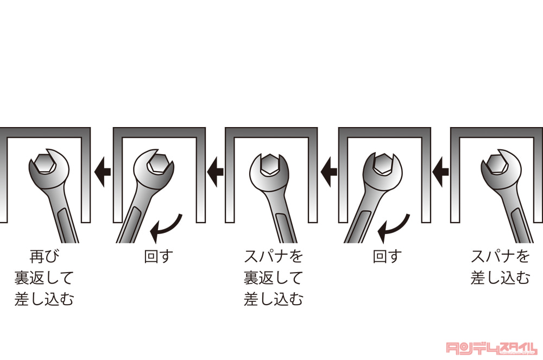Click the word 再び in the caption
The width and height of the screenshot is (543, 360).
tap(45, 256)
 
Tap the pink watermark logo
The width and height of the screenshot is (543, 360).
tap(491, 348)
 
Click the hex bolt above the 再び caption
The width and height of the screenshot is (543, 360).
tap(43, 163)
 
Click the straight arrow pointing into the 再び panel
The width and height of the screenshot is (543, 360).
tap(102, 172)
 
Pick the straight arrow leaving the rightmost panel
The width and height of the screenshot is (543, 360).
tap(440, 172)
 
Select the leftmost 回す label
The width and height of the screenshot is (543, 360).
tap(158, 256)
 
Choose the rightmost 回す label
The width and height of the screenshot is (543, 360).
tap(387, 256)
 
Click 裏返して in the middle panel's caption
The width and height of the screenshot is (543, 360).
tap(273, 277)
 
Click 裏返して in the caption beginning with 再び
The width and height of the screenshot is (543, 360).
tap(45, 277)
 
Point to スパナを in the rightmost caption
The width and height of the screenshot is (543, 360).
tap(500, 256)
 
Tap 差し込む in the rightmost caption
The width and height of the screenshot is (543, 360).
tap(500, 277)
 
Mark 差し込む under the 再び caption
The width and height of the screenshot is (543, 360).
tap(45, 299)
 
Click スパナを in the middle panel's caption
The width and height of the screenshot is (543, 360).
tap(273, 256)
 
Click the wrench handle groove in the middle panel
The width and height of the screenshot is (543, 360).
tap(285, 226)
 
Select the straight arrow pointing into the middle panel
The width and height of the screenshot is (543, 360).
tap(329, 172)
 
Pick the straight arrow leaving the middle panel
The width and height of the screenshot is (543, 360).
tap(215, 172)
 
